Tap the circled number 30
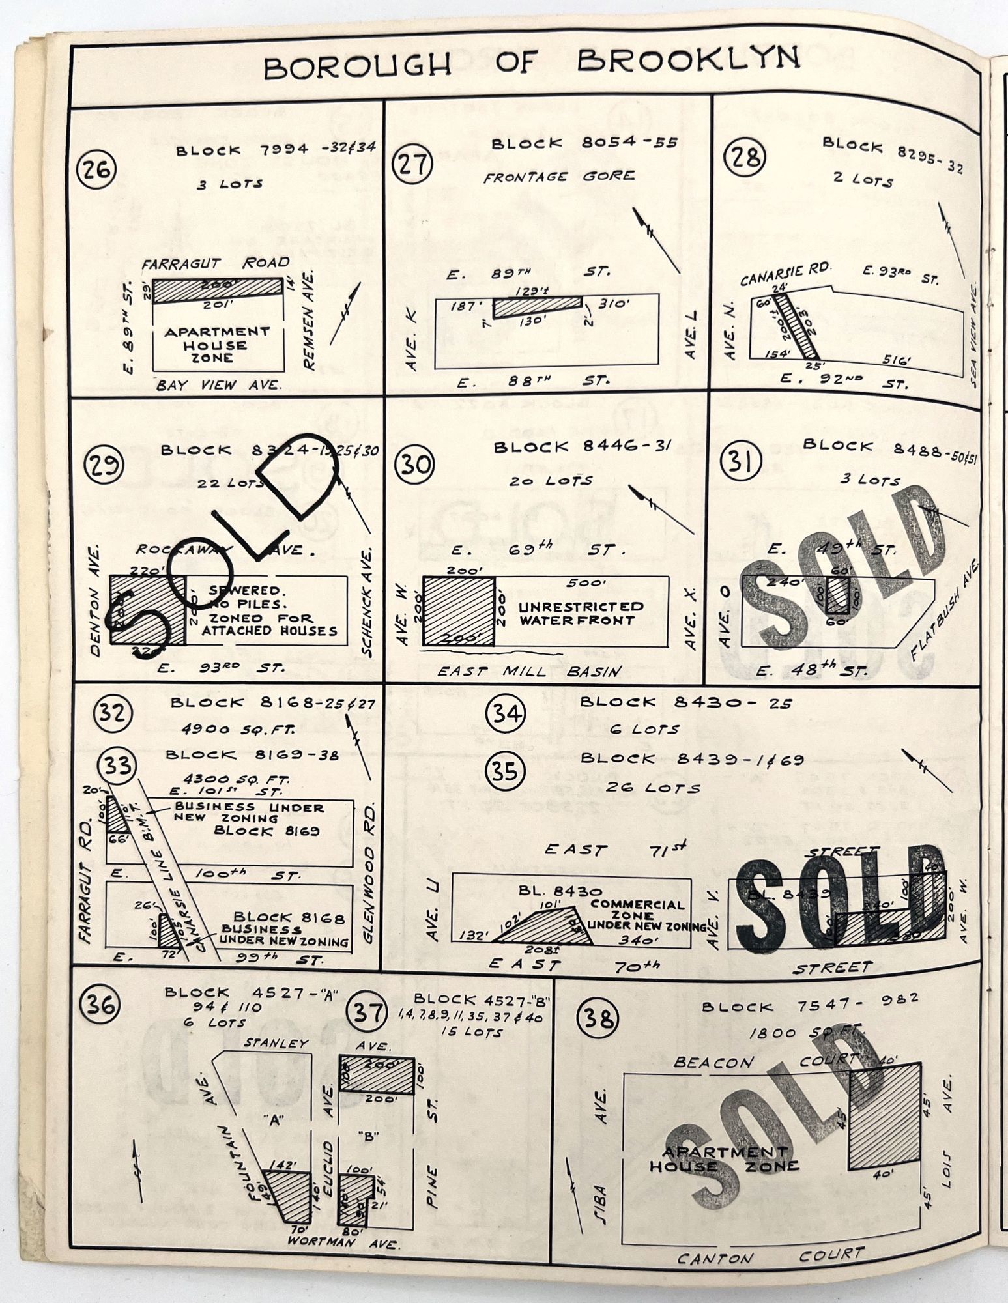point(415,465)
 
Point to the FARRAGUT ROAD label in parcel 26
point(216,263)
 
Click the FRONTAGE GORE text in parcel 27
point(558,177)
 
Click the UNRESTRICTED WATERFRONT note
point(581,613)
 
